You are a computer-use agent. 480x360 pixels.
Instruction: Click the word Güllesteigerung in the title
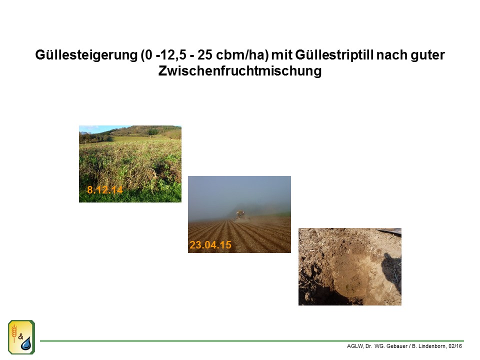tap(86, 55)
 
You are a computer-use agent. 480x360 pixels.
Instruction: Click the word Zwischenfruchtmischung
tap(240, 71)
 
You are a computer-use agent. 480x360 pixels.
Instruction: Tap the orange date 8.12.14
tap(104, 190)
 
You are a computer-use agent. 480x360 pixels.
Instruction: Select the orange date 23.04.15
tap(210, 245)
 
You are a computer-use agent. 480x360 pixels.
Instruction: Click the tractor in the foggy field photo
tap(241, 215)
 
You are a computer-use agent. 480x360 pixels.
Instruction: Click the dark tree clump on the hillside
tap(153, 131)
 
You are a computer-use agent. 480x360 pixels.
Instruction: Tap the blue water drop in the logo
tap(26, 344)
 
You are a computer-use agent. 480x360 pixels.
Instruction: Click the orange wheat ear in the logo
tap(14, 333)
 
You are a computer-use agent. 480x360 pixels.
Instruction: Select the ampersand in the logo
tap(20, 336)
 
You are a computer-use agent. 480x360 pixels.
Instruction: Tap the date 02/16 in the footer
tap(455, 346)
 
